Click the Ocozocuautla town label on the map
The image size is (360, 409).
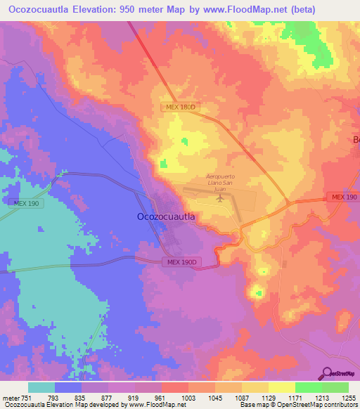coord(165,217)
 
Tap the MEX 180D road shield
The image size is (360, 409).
coord(179,107)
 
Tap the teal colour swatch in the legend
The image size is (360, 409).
coord(41,387)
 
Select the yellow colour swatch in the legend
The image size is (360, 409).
coord(281,387)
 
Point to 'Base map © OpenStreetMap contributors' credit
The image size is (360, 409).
coord(298,405)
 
